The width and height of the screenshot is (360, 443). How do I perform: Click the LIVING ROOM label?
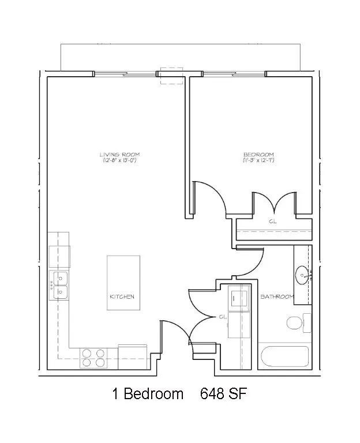tap(119, 154)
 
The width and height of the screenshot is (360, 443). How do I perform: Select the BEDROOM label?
tap(258, 154)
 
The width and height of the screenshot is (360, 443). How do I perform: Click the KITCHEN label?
tap(122, 296)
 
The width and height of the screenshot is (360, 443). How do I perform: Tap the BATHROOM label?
tap(277, 296)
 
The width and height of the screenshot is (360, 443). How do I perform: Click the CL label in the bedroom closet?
tap(272, 221)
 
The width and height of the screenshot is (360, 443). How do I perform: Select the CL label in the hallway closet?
tap(223, 317)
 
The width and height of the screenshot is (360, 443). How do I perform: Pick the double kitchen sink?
tap(58, 286)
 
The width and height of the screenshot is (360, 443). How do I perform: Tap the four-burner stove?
tap(93, 358)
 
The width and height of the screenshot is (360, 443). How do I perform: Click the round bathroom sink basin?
tap(302, 274)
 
